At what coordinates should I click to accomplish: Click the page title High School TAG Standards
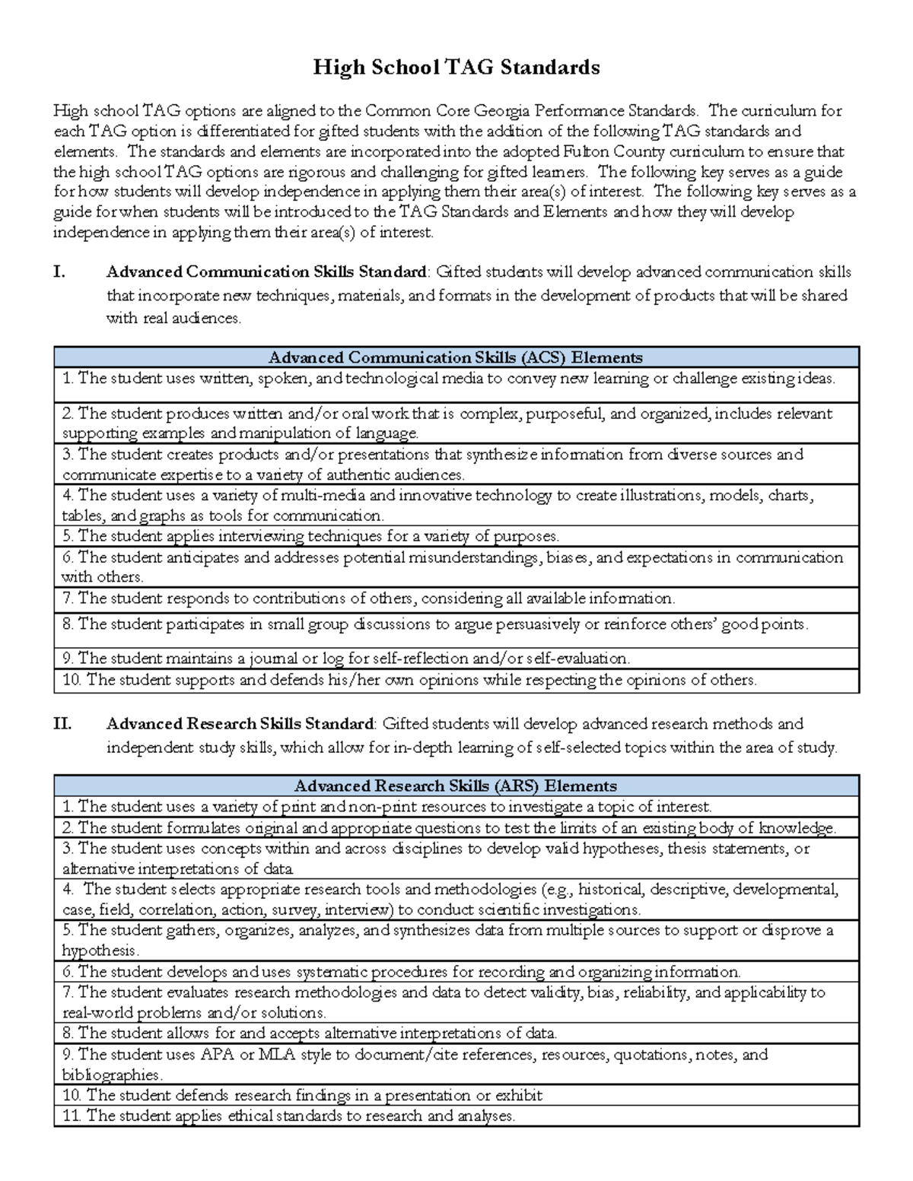456,68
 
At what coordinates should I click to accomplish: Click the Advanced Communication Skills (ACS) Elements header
456,357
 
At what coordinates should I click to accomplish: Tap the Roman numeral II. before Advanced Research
62,724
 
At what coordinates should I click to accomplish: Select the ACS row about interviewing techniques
310,536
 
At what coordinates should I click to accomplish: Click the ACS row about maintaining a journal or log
346,658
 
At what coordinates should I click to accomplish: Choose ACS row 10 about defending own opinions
409,680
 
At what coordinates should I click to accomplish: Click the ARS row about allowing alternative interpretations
310,1033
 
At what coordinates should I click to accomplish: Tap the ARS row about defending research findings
303,1096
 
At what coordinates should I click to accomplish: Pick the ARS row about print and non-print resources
387,806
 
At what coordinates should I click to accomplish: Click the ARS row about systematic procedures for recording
401,972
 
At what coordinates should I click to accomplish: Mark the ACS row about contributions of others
368,598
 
